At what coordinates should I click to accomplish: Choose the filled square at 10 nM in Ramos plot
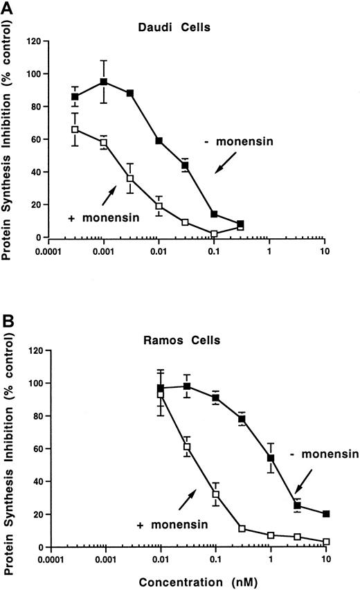pos(325,514)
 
